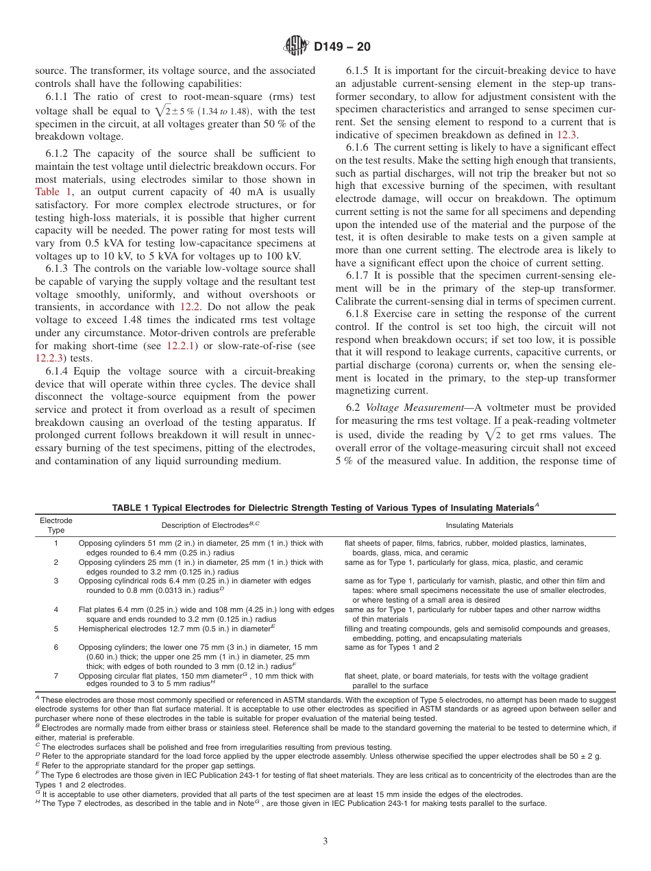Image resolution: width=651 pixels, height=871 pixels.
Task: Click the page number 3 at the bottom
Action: pos(325,842)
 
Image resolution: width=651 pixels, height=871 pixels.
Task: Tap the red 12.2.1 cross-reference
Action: pos(182,346)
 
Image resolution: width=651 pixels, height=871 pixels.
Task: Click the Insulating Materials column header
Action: pos(479,525)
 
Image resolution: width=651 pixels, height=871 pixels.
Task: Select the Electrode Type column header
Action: pos(56,525)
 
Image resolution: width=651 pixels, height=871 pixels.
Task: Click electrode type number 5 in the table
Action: pos(56,629)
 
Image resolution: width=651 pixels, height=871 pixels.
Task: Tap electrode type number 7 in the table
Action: pos(56,676)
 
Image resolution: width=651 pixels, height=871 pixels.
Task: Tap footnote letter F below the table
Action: pos(37,774)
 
